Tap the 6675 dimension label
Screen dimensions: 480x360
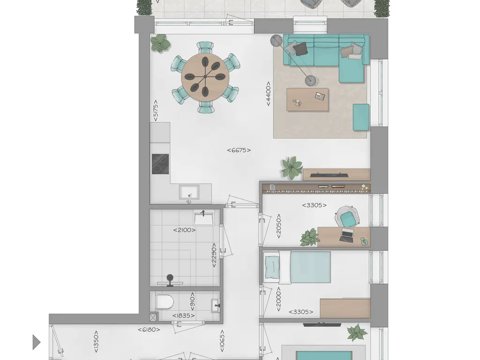[239, 150]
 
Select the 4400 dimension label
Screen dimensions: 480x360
[268, 94]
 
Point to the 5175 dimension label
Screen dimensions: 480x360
[156, 111]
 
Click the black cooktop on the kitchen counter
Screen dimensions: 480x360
[160, 164]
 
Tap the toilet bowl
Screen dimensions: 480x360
[165, 302]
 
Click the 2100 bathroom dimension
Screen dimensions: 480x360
[184, 230]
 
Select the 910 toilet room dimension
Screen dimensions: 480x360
[192, 301]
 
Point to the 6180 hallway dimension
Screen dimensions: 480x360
[149, 330]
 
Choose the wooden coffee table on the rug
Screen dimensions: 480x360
[307, 99]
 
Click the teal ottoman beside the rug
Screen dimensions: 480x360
[361, 117]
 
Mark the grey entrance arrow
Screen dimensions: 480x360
[37, 342]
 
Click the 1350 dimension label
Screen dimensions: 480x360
[96, 341]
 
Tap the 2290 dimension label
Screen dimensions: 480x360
[214, 255]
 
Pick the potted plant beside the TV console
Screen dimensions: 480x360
[292, 167]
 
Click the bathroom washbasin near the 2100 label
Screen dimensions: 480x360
[204, 218]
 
